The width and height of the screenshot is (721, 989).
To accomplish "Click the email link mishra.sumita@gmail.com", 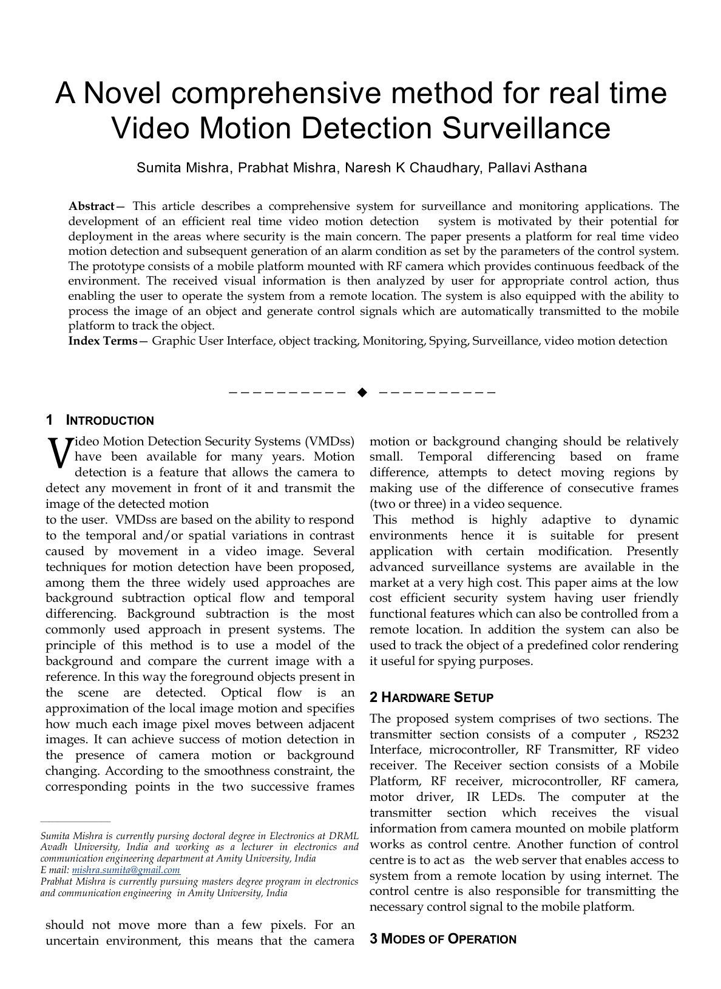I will [x=126, y=870].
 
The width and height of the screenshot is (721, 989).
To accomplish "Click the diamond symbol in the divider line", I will [x=362, y=392].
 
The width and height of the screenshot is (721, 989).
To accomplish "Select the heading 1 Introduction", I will [x=100, y=420].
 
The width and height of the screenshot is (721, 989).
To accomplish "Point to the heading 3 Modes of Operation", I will [x=443, y=939].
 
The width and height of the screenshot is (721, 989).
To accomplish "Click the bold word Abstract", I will [x=91, y=206].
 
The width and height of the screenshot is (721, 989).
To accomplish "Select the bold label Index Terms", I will [x=103, y=341].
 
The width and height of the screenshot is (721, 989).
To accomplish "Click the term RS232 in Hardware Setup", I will [x=662, y=735].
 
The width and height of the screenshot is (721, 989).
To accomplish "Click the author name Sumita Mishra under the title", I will [x=182, y=168].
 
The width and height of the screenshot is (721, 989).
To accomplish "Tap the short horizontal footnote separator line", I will [x=75, y=822].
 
